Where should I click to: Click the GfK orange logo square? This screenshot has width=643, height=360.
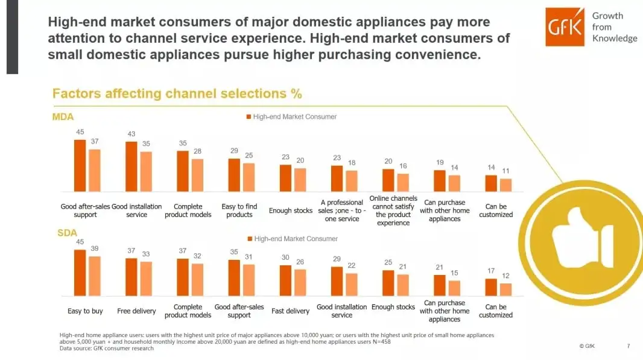[565, 27]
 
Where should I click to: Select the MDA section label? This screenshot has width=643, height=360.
[63, 116]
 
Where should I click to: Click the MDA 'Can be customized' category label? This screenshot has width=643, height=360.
[496, 210]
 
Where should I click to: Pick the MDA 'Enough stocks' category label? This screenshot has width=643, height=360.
[291, 210]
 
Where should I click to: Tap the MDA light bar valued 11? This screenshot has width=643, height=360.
[505, 185]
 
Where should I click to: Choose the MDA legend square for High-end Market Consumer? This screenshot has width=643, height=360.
[248, 116]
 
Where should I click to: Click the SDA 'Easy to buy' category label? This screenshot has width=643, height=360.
[86, 311]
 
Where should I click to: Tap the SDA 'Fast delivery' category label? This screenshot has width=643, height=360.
[291, 311]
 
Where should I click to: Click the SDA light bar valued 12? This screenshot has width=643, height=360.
[505, 289]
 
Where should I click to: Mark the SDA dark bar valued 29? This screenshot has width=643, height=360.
[337, 281]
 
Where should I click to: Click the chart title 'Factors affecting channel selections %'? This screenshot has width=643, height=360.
[177, 93]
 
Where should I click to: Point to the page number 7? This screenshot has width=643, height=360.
[628, 346]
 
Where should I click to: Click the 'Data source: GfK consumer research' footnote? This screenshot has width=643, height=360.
[107, 348]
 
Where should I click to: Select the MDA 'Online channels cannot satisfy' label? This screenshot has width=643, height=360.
[393, 210]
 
